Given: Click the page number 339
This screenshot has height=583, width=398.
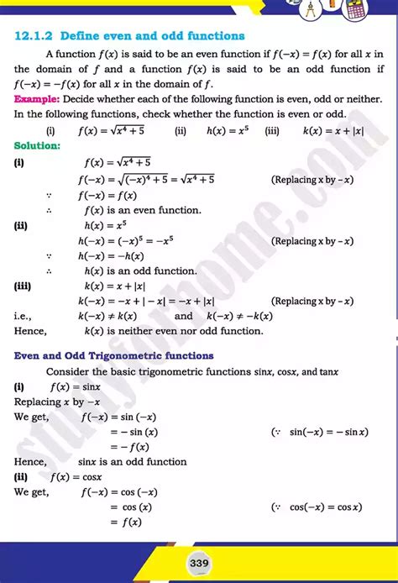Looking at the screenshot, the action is pyautogui.click(x=199, y=562).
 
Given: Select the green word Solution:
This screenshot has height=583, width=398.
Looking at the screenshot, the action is pyautogui.click(x=37, y=146).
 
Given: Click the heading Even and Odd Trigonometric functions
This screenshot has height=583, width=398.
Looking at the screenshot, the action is pyautogui.click(x=113, y=355).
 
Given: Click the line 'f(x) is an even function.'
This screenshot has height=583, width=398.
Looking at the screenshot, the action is pyautogui.click(x=143, y=210).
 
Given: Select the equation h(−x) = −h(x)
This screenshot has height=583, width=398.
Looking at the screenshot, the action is pyautogui.click(x=111, y=255).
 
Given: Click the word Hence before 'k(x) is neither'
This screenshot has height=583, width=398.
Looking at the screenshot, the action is pyautogui.click(x=30, y=332).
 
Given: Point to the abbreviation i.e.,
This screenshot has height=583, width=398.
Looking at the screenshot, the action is pyautogui.click(x=25, y=317).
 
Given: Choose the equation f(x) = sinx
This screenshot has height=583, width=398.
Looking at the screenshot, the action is pyautogui.click(x=76, y=386).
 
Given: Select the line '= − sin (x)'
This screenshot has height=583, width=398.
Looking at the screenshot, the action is pyautogui.click(x=134, y=432).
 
